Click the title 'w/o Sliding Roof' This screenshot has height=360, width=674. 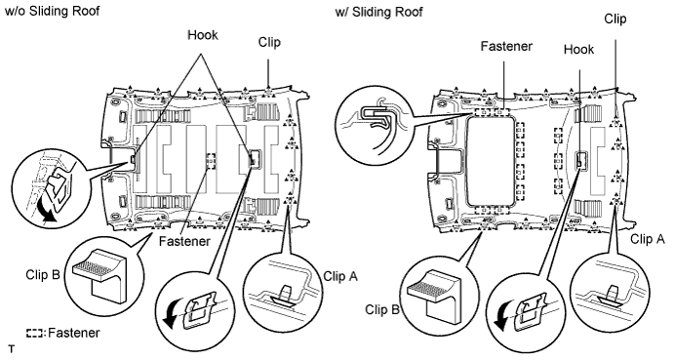coord(52,11)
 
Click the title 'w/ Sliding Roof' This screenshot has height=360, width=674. coord(378,12)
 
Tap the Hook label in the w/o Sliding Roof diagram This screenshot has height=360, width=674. coord(203,35)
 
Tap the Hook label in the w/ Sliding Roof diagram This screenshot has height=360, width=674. coord(578,50)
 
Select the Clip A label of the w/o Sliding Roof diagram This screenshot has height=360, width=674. coord(340,276)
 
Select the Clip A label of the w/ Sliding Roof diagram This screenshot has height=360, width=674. coord(648,239)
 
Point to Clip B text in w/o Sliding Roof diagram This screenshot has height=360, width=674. coord(43,274)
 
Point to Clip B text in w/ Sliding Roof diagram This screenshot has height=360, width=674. coord(382,309)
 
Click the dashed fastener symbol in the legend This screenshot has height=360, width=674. coord(35,334)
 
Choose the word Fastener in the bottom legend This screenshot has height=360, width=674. coord(74,333)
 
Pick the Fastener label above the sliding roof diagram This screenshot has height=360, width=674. coord(506,46)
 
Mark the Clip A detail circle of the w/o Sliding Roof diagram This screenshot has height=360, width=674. coord(283,286)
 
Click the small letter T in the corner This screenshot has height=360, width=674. coord(11,349)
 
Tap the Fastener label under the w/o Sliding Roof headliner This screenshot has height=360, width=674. coord(184,241)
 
